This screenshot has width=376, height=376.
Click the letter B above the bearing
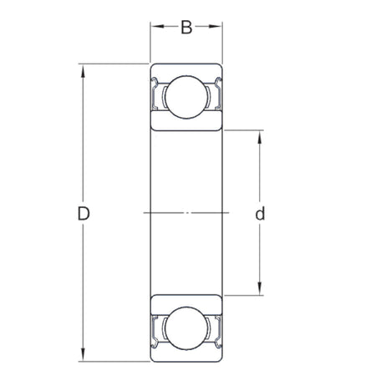tap(187, 28)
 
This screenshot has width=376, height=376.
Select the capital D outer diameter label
tap(84, 214)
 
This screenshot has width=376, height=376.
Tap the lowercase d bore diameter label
tap(261, 214)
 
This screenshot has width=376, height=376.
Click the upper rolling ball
tap(187, 96)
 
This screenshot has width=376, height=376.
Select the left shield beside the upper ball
tap(156, 95)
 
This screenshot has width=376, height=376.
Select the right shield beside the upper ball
tap(218, 95)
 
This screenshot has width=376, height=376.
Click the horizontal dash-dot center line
tap(187, 213)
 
